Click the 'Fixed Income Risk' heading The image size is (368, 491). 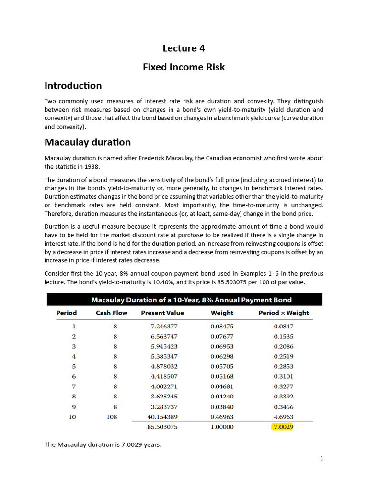pos(184,67)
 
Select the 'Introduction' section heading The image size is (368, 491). pos(73,86)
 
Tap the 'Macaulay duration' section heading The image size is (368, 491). pos(87,142)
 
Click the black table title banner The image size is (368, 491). pos(184,300)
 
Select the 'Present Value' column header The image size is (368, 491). pos(162,313)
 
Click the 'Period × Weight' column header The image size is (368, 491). pos(284,313)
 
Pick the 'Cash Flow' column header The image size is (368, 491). pos(111,313)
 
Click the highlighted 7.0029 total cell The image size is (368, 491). pos(283,427)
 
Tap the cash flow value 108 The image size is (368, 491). pos(112,417)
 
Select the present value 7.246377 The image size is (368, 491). pos(164,326)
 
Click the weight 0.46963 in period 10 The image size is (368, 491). pos(222,417)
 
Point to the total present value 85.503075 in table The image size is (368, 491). pos(162,427)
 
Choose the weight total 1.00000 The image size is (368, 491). pos(222,427)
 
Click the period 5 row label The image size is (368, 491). pos(73,366)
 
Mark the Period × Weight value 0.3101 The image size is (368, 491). pos(284,376)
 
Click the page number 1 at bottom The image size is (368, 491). pos(322,458)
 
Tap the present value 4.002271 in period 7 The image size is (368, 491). pos(164,386)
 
